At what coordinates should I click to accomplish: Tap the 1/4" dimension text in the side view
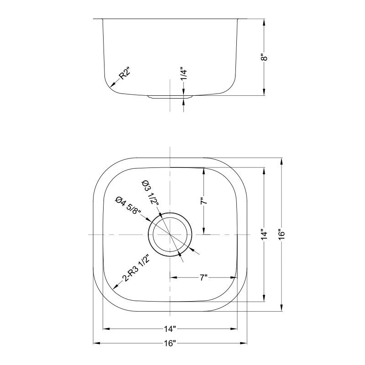click(x=183, y=74)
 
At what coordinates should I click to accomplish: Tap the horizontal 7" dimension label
click(x=203, y=277)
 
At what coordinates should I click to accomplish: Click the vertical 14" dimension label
click(x=264, y=235)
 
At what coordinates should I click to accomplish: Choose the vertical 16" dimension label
click(x=282, y=235)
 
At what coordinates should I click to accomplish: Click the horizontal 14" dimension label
click(x=170, y=328)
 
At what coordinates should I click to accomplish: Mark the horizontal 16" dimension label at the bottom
click(x=170, y=343)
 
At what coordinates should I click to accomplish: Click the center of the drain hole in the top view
click(x=170, y=234)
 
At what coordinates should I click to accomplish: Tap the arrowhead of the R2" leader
click(x=111, y=85)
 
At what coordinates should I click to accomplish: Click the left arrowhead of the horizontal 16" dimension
click(x=95, y=343)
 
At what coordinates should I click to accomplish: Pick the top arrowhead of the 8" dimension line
click(x=264, y=21)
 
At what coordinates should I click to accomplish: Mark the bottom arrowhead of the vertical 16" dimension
click(x=282, y=309)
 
